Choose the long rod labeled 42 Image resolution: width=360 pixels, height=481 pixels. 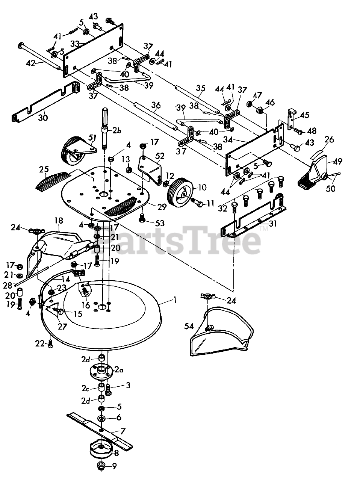(x=38, y=56)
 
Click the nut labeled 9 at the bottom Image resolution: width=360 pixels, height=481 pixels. (x=100, y=467)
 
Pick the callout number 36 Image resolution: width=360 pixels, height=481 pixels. (x=154, y=106)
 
